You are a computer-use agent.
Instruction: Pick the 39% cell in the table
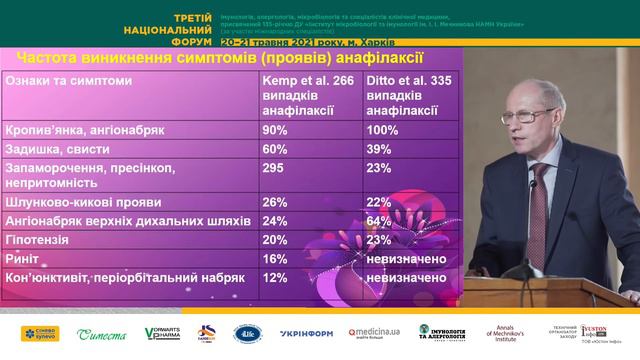(378, 151)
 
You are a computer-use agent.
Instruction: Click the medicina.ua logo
(375, 334)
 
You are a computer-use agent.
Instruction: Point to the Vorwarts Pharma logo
(162, 334)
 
